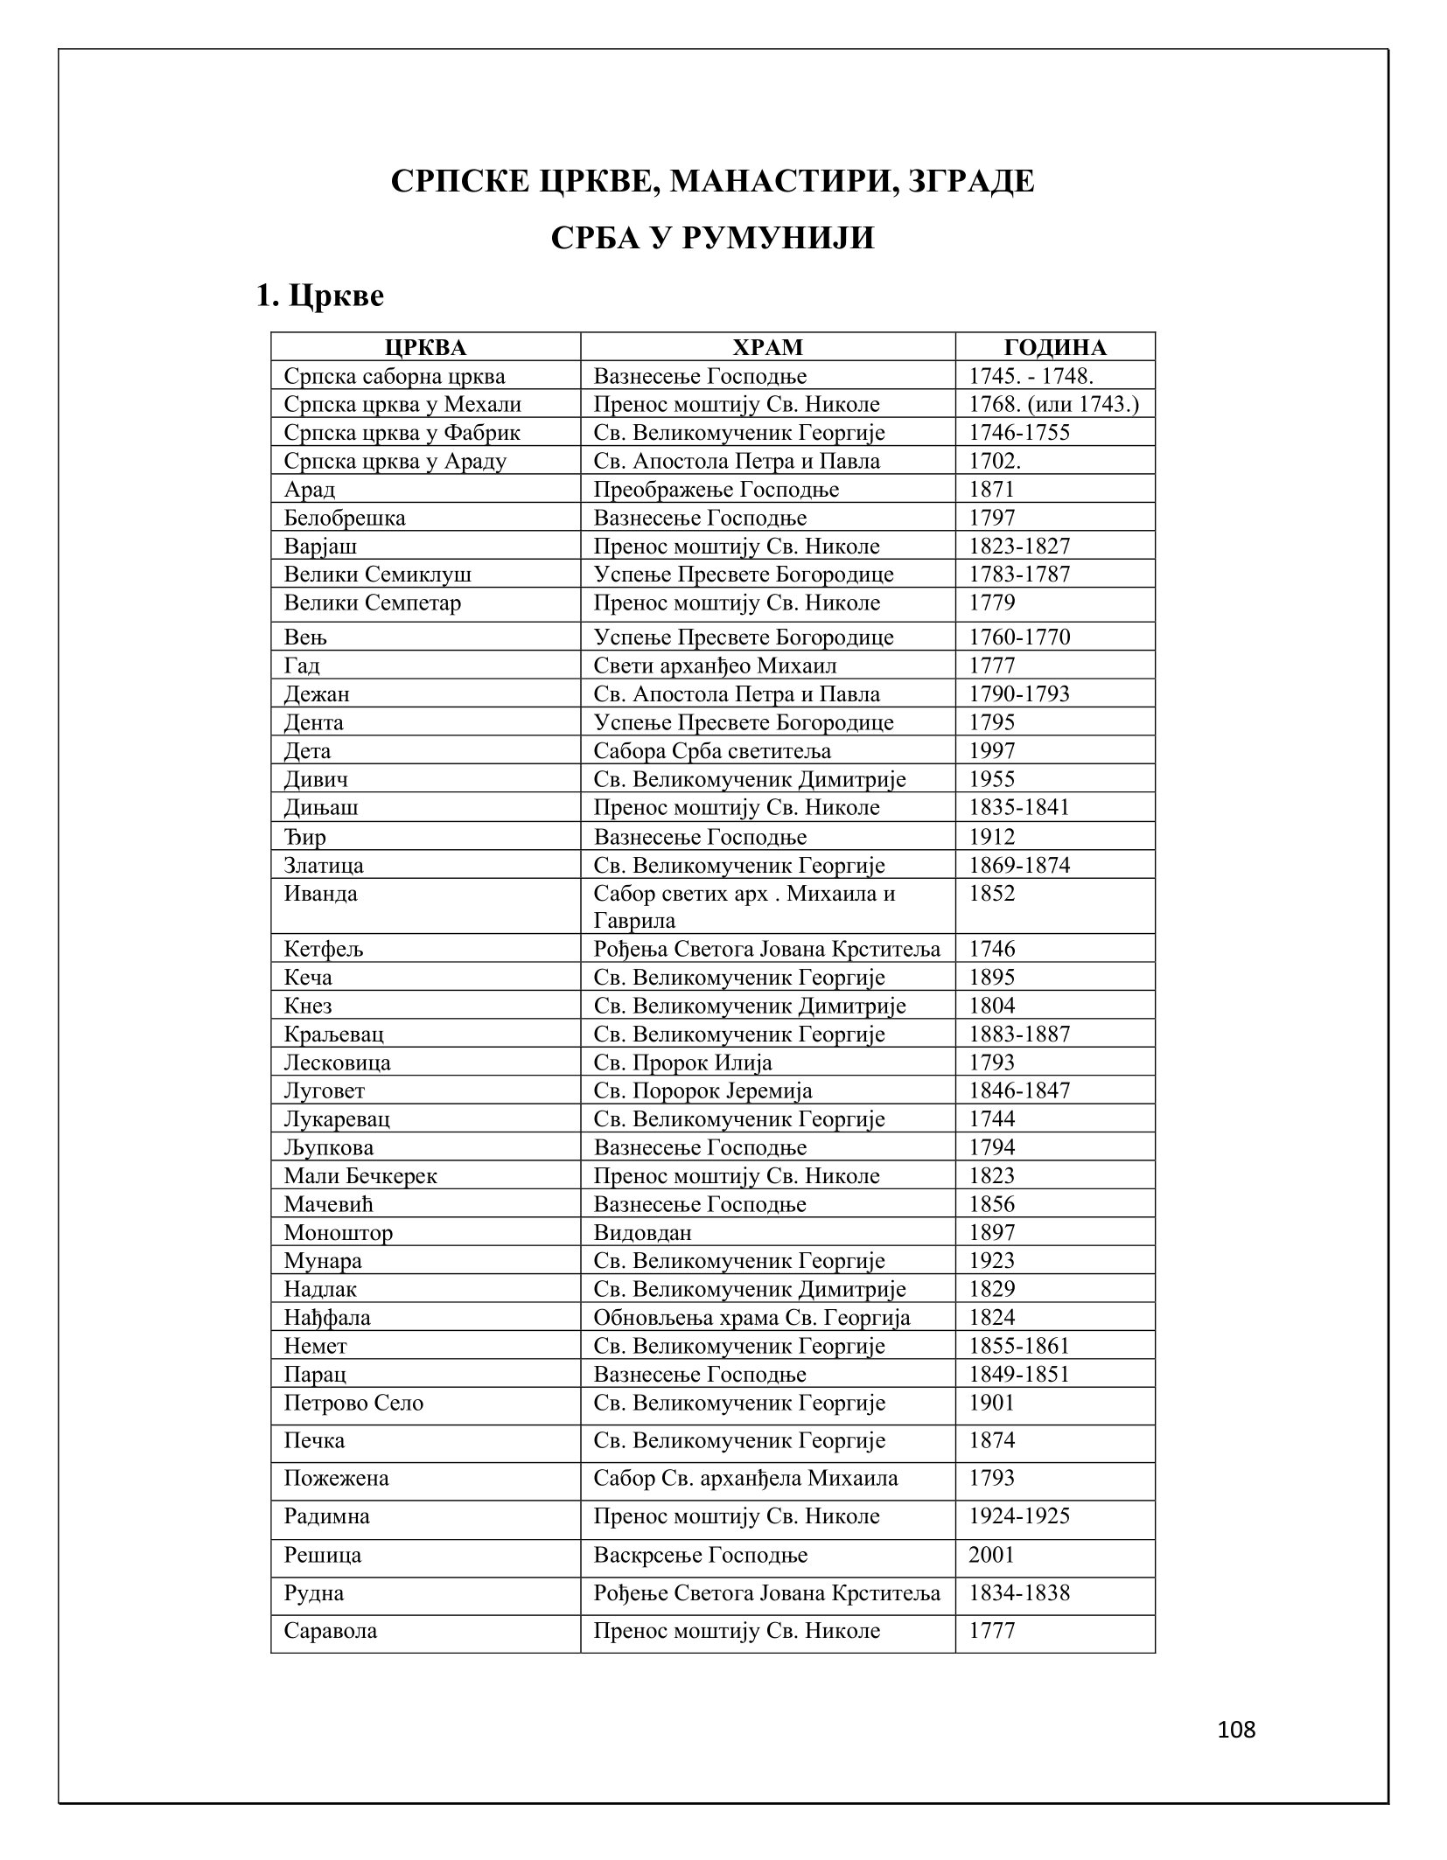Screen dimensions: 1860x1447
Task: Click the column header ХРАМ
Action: click(x=766, y=347)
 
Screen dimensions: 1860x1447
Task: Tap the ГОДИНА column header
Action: click(x=1054, y=347)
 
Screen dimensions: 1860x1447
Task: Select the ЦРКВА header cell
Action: click(x=425, y=347)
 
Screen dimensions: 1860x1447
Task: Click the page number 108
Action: click(x=1236, y=1731)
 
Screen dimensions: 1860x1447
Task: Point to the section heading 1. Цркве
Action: click(x=319, y=296)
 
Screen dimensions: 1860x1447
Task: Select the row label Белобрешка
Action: click(x=345, y=518)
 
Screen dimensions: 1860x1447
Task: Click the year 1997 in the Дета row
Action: click(x=992, y=750)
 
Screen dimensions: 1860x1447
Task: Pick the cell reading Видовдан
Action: click(x=642, y=1232)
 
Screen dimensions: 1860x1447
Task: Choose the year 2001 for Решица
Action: click(x=992, y=1555)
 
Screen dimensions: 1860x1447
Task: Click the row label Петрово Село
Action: click(x=353, y=1403)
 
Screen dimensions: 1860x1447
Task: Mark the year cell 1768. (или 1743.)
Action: click(x=1054, y=404)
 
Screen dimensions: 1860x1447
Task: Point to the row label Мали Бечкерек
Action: click(x=360, y=1175)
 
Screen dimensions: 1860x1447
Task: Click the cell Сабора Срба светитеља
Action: click(x=712, y=750)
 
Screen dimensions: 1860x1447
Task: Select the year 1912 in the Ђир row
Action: click(x=992, y=837)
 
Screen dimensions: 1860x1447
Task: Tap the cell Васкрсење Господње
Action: click(x=701, y=1555)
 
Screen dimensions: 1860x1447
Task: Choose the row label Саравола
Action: click(x=331, y=1631)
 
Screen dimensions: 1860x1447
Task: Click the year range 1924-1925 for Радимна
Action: click(x=1019, y=1515)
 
